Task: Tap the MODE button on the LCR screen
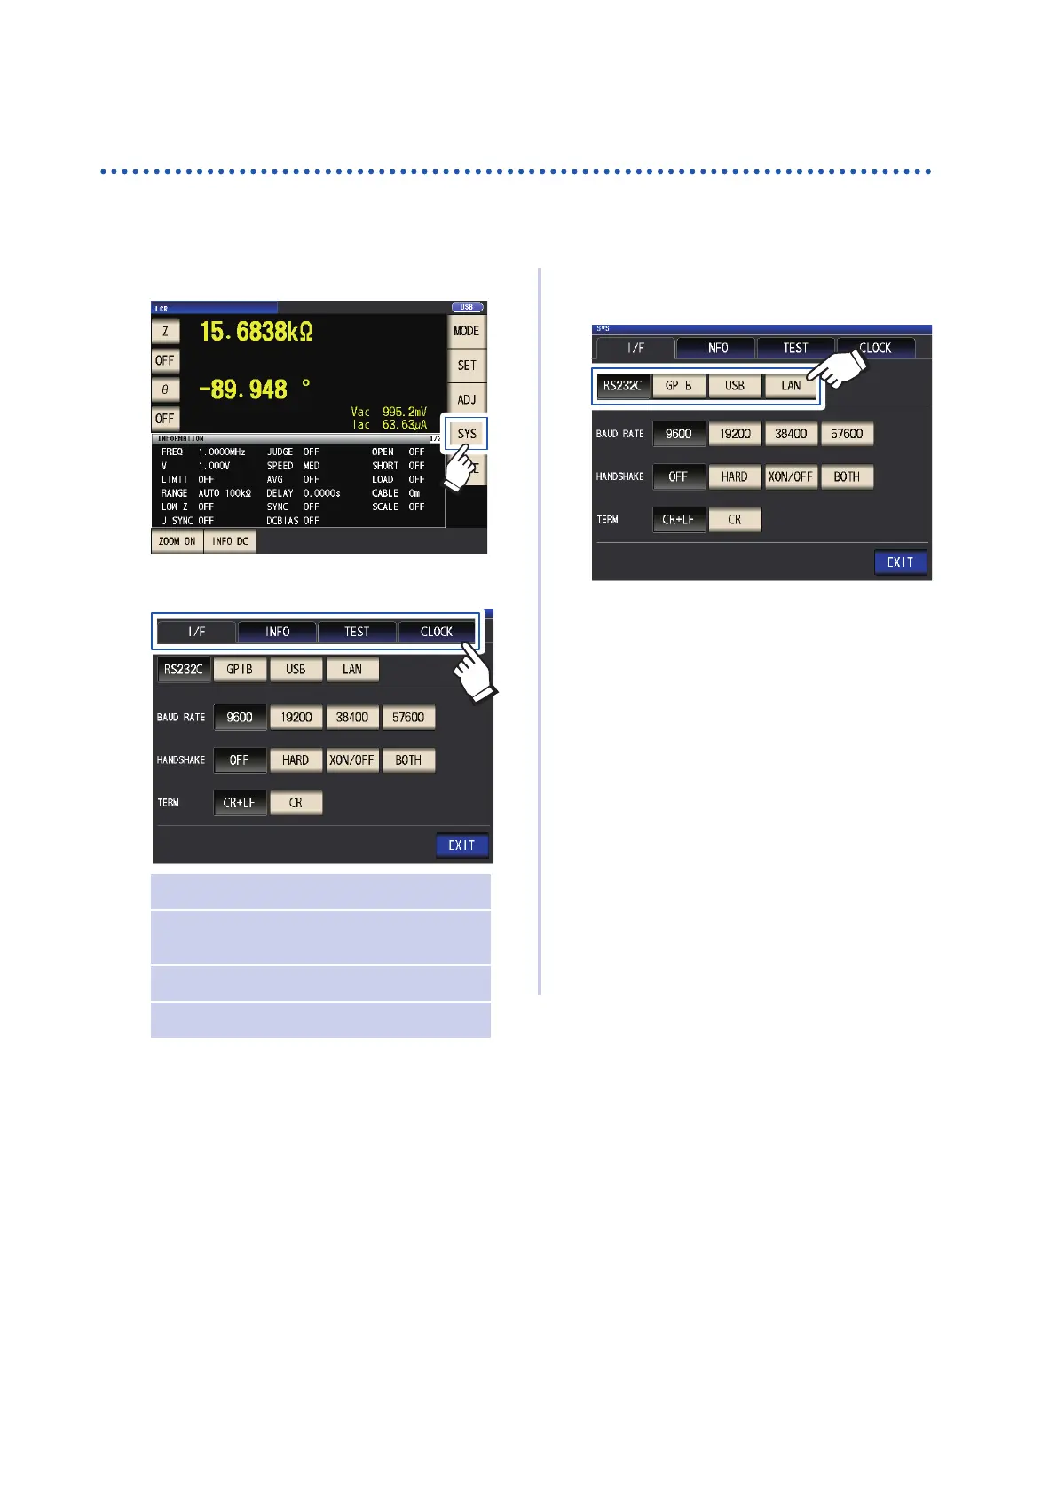466,331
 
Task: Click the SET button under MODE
466,365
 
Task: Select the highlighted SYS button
466,434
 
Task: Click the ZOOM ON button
177,541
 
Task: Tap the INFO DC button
230,541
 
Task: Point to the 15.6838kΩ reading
256,332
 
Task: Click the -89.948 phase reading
243,389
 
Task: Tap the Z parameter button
165,332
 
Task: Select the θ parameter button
165,389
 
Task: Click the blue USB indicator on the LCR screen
467,307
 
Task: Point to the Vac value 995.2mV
405,412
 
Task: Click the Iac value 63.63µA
405,425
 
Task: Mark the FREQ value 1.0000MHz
222,452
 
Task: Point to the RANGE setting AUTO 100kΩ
225,493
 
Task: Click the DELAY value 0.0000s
322,493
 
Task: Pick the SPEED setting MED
312,466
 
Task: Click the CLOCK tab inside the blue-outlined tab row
436,632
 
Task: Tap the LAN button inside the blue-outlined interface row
791,386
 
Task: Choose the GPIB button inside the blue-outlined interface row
679,386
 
